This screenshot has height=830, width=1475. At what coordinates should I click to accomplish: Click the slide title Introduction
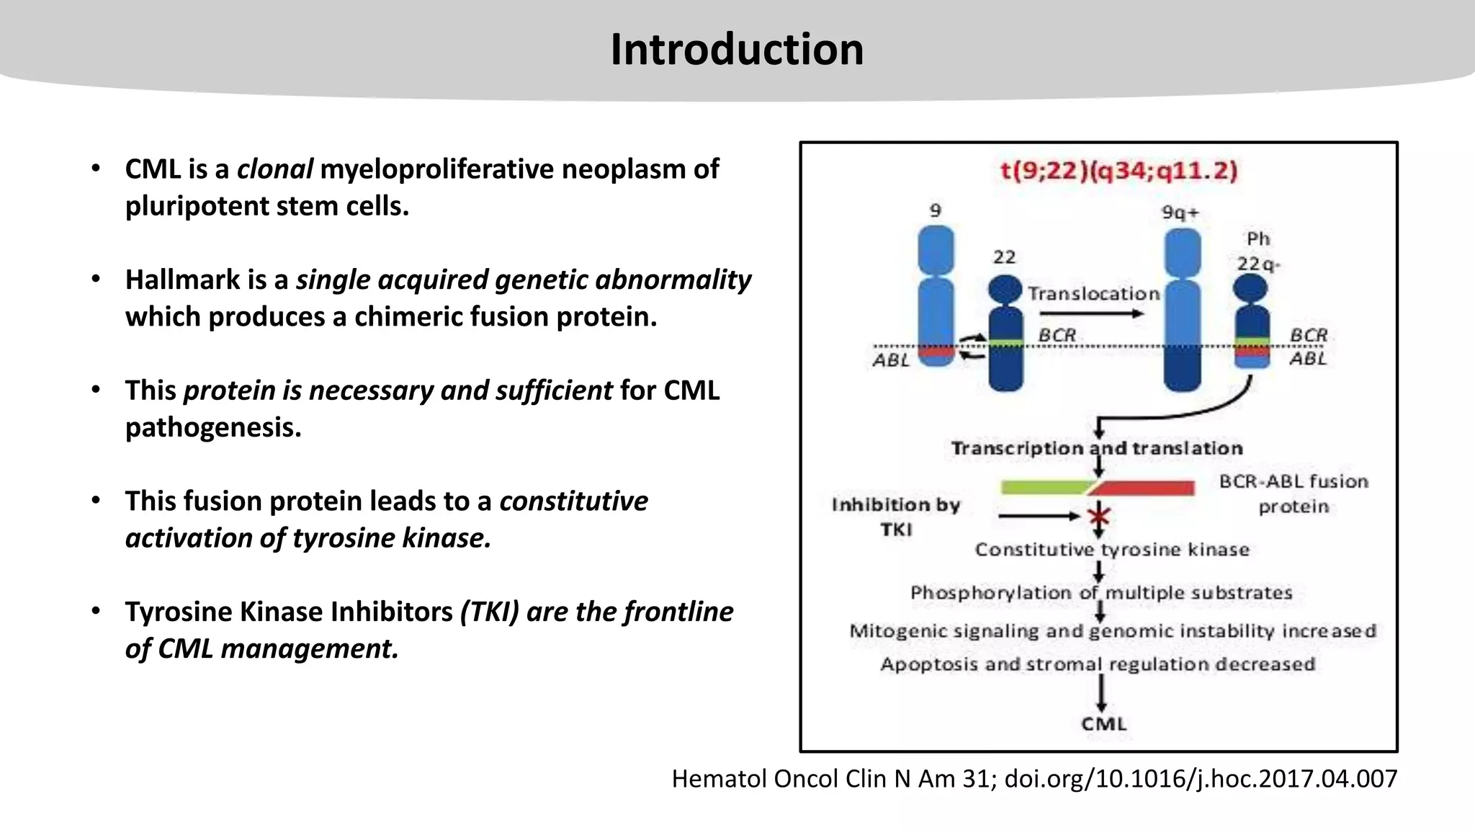coord(737,50)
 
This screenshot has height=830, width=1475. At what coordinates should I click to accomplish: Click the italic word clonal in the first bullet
coord(274,169)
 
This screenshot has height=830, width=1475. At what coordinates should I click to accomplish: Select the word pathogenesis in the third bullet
coord(213,427)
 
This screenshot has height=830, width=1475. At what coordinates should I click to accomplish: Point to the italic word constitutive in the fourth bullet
coord(573,501)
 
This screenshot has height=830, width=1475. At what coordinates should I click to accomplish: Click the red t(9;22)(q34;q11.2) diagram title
coord(1118,171)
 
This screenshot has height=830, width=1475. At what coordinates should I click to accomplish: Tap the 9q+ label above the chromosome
coord(1180,213)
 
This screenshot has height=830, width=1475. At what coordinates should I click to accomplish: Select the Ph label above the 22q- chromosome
coord(1258,238)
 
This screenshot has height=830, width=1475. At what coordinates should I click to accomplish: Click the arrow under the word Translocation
coord(1091,313)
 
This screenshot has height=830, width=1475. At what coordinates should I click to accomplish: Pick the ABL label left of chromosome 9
coord(892,360)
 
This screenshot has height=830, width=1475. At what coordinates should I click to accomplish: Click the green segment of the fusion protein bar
coord(1044,488)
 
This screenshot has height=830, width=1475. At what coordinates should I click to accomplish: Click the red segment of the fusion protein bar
coord(1145,488)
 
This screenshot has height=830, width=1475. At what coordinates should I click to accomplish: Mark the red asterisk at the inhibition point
coord(1099,516)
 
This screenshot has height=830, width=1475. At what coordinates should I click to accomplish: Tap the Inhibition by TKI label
coord(896,517)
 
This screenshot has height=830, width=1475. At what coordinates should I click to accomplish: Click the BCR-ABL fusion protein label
coord(1294,494)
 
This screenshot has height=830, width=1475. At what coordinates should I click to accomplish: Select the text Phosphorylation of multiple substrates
coord(1101,593)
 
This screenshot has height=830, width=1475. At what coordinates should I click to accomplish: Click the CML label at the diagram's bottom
coord(1103,724)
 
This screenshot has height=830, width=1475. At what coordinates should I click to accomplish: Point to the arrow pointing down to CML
coord(1101,695)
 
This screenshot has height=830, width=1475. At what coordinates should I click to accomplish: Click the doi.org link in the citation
coord(1201,779)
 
